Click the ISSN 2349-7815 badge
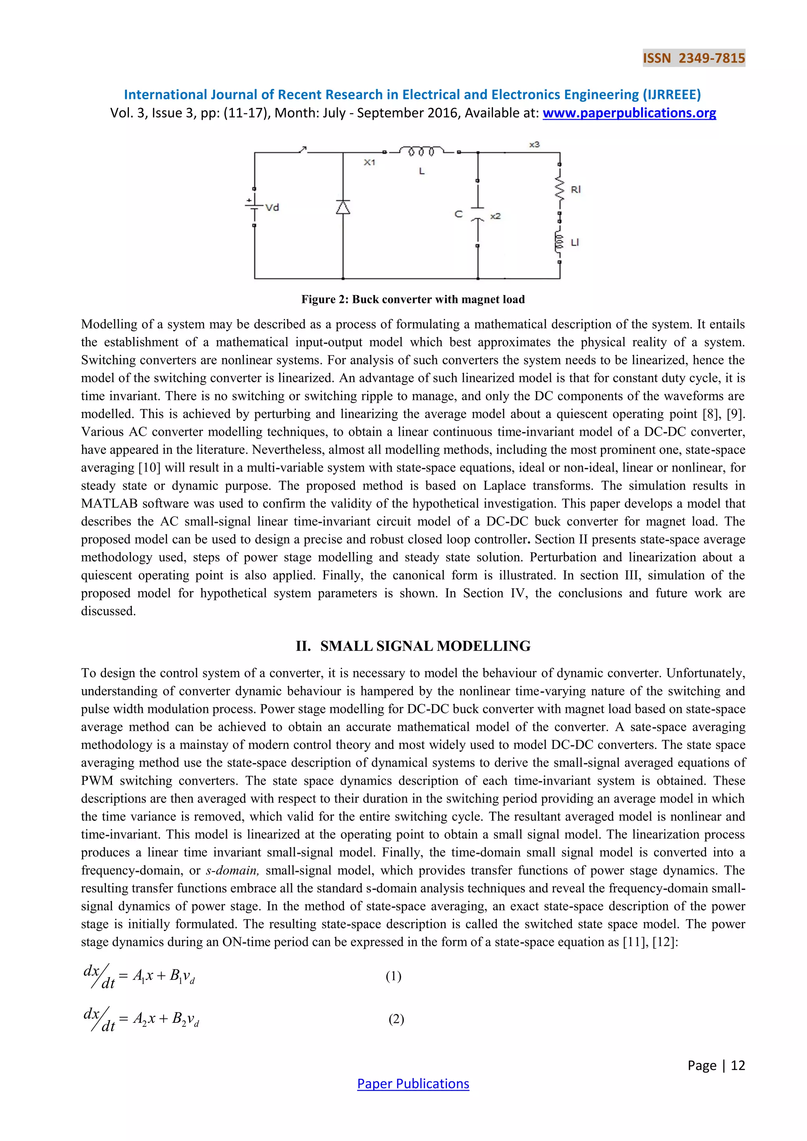tap(694, 58)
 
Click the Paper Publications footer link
tap(413, 1083)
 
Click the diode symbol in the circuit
tap(343, 207)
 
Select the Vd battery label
tap(272, 207)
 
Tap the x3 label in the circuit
tap(534, 145)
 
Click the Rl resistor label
tap(575, 190)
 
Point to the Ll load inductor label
tap(575, 243)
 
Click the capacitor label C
tap(458, 214)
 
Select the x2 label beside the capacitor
tap(495, 216)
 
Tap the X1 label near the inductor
tap(369, 162)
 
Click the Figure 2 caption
tap(413, 299)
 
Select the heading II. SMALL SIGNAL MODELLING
tap(413, 646)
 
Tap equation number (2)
tap(396, 1019)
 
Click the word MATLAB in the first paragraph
tap(109, 504)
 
